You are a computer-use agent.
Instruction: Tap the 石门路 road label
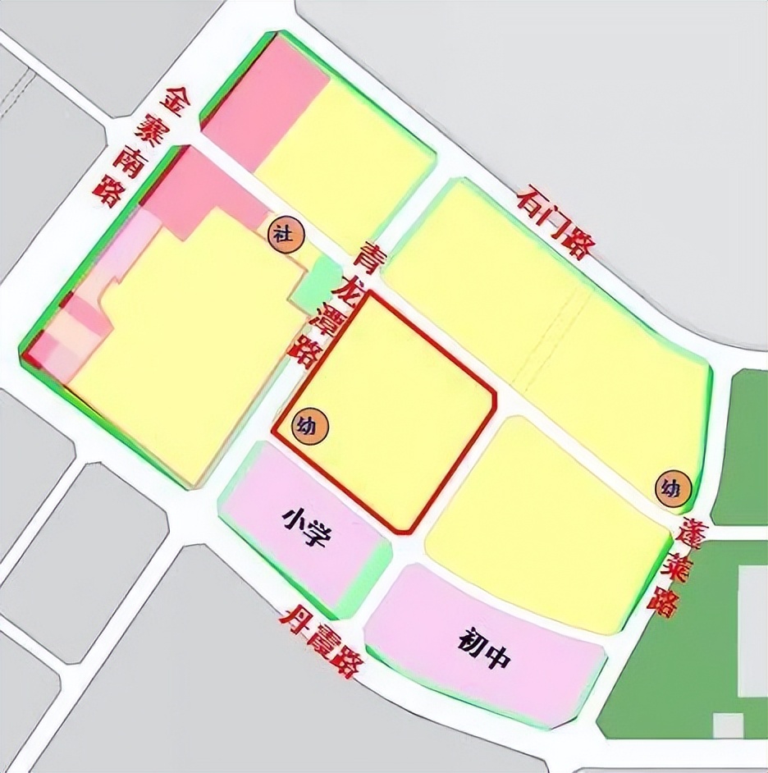point(555,221)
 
